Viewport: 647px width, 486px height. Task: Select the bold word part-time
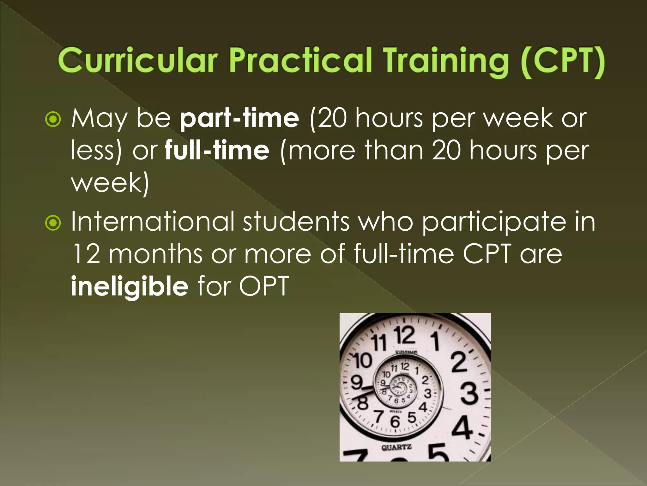tap(239, 118)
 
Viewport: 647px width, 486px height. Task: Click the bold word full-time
tap(217, 150)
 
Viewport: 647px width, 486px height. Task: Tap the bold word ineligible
tap(130, 286)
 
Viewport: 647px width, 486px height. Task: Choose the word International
tap(153, 221)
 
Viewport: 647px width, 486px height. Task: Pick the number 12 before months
tap(86, 254)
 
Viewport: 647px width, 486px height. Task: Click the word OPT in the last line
tap(264, 286)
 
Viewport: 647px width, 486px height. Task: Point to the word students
tap(296, 221)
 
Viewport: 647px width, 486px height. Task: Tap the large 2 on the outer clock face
tap(459, 362)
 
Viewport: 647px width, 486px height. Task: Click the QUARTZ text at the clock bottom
tap(396, 447)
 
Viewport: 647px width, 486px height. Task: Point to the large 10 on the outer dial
tap(362, 361)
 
